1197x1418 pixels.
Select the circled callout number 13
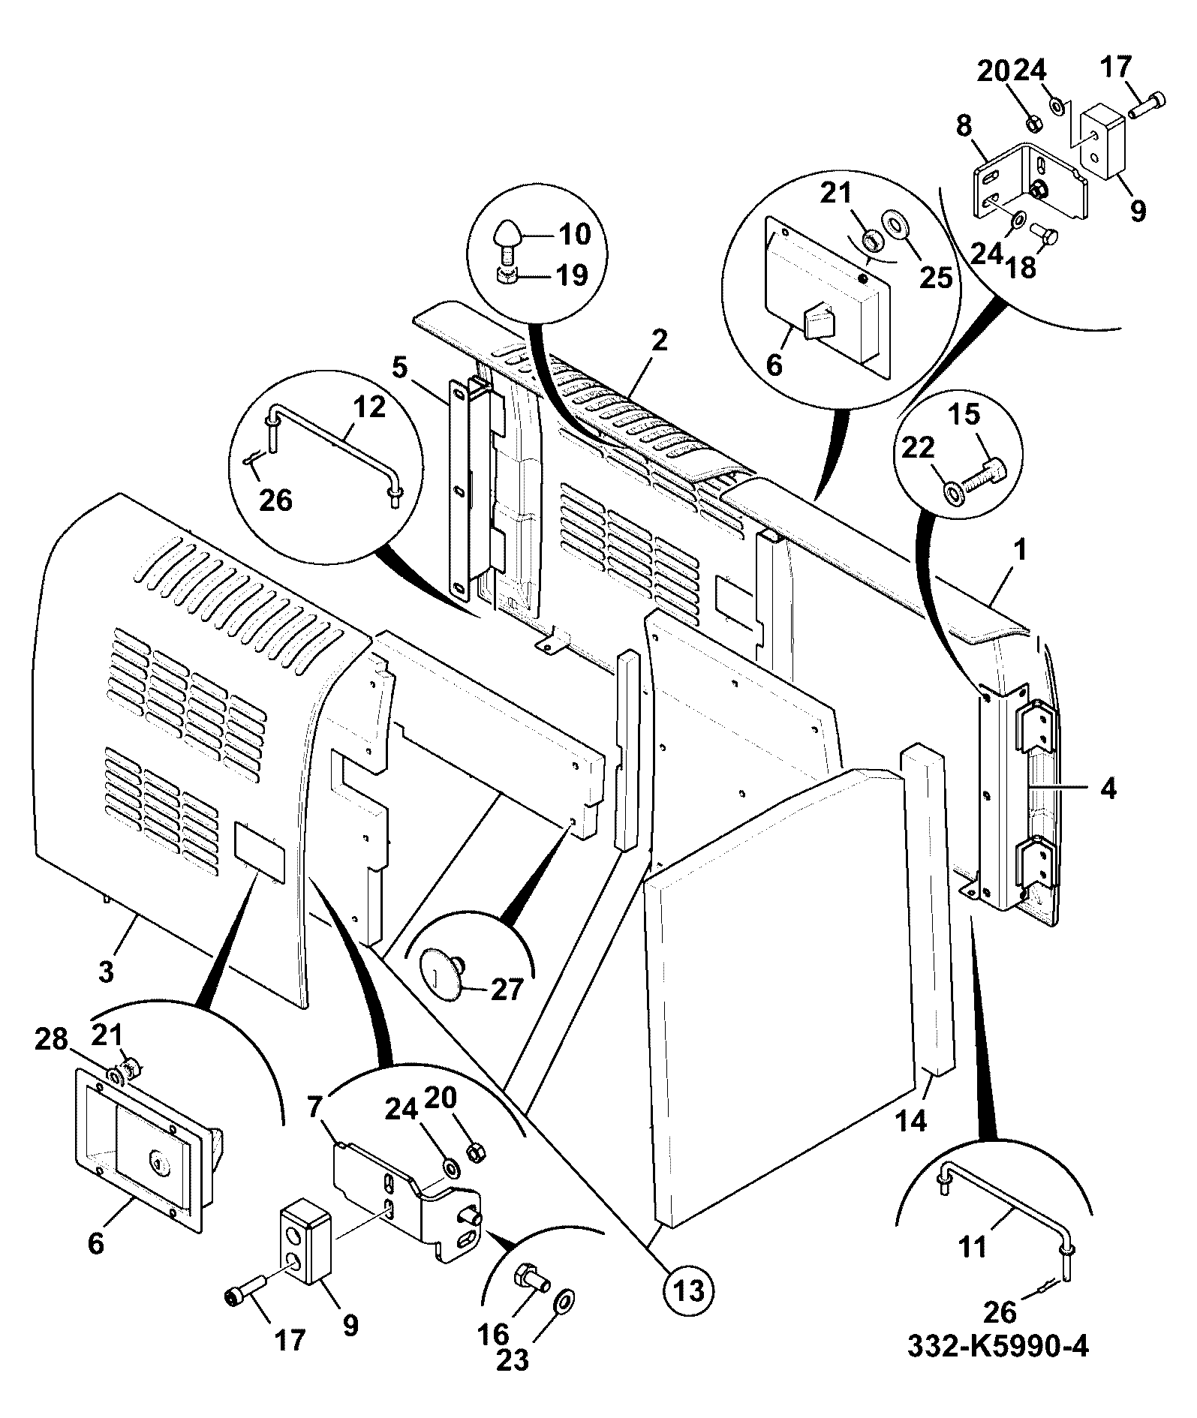pyautogui.click(x=689, y=1290)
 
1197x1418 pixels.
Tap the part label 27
pyautogui.click(x=506, y=990)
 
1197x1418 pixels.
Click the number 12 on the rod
pyautogui.click(x=368, y=407)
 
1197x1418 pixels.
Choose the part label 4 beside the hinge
pyautogui.click(x=1108, y=789)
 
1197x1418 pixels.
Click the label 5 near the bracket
pyautogui.click(x=399, y=369)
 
